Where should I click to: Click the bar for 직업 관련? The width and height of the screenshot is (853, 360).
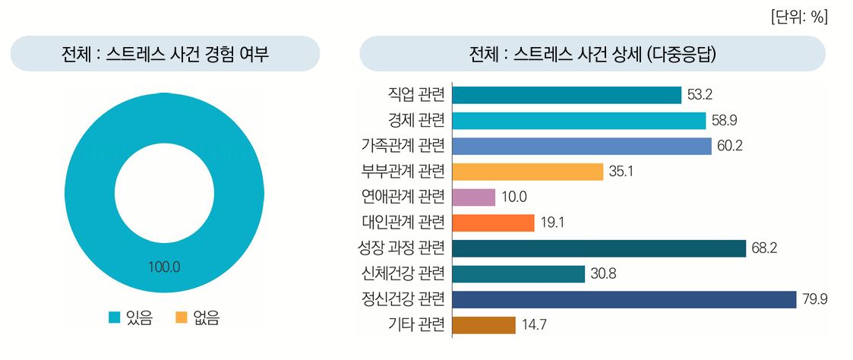[x=566, y=95]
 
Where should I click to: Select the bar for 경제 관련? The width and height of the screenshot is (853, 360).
[x=578, y=121]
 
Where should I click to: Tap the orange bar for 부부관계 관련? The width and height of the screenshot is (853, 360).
[x=527, y=172]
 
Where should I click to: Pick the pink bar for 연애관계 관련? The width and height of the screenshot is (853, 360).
[x=473, y=197]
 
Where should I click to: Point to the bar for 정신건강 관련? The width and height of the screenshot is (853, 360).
[x=624, y=299]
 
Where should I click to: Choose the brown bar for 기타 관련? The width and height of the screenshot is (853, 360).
[x=483, y=325]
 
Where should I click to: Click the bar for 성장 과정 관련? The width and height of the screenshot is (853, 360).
[x=599, y=248]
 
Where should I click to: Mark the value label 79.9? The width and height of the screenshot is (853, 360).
[x=814, y=299]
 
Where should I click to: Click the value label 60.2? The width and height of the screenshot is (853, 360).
[x=729, y=146]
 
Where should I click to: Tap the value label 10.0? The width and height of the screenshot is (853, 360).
[x=513, y=197]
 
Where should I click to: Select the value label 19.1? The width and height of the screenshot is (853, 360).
[x=552, y=223]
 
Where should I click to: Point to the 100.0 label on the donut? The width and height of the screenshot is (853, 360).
[x=165, y=267]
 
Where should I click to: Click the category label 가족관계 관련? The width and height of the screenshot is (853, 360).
[x=403, y=146]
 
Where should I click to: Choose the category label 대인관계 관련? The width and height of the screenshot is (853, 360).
[x=403, y=223]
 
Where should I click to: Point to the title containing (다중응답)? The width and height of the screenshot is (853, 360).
[x=593, y=54]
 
